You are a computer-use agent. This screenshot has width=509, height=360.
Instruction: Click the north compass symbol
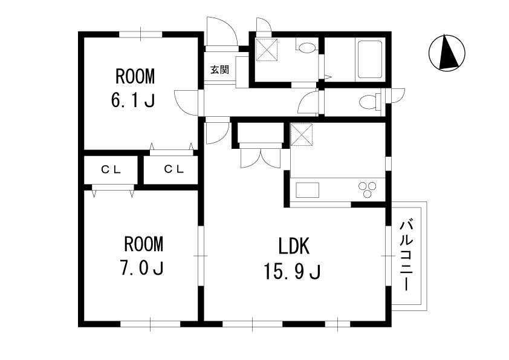[447, 52]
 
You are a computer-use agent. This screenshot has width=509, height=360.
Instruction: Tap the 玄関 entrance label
[220, 69]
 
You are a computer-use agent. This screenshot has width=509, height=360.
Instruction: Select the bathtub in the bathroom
[370, 59]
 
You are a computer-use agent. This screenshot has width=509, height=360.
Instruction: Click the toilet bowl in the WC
[369, 102]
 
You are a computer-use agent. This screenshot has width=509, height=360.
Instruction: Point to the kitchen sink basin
[307, 190]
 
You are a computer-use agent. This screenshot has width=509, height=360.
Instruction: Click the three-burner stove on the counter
[367, 189]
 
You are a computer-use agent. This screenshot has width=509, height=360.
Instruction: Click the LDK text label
[294, 246]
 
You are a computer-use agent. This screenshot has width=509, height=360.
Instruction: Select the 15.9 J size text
[293, 272]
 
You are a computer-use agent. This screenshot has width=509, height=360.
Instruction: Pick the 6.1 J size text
[133, 100]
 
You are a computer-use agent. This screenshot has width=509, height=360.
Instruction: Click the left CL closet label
[111, 169]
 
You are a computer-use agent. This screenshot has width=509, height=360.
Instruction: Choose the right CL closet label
[174, 169]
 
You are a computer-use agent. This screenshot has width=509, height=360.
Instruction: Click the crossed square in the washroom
[267, 50]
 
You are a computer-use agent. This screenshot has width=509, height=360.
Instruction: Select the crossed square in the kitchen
[301, 134]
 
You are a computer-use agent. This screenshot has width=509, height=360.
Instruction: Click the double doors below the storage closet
[261, 159]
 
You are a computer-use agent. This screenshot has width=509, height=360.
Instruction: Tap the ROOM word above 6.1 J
[135, 76]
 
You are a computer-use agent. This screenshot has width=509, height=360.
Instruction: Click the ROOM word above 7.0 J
[143, 244]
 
